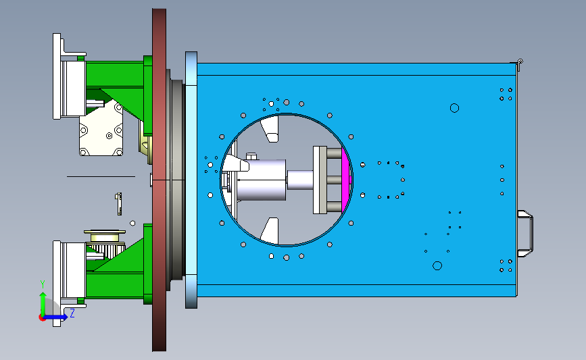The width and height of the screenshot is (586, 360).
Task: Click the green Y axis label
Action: (43, 284)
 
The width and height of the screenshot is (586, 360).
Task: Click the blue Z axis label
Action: (72, 313)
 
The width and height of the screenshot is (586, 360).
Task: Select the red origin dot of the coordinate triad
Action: (42, 318)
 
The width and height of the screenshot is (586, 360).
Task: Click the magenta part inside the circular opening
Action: (346, 180)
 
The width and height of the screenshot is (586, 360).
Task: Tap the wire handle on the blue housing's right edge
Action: (525, 234)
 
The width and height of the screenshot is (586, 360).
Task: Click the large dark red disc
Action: (160, 180)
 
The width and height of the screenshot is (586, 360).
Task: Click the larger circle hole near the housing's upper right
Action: (454, 108)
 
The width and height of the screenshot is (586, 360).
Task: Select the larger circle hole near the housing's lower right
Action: (437, 265)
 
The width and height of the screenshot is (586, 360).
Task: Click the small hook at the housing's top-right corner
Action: (520, 62)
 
